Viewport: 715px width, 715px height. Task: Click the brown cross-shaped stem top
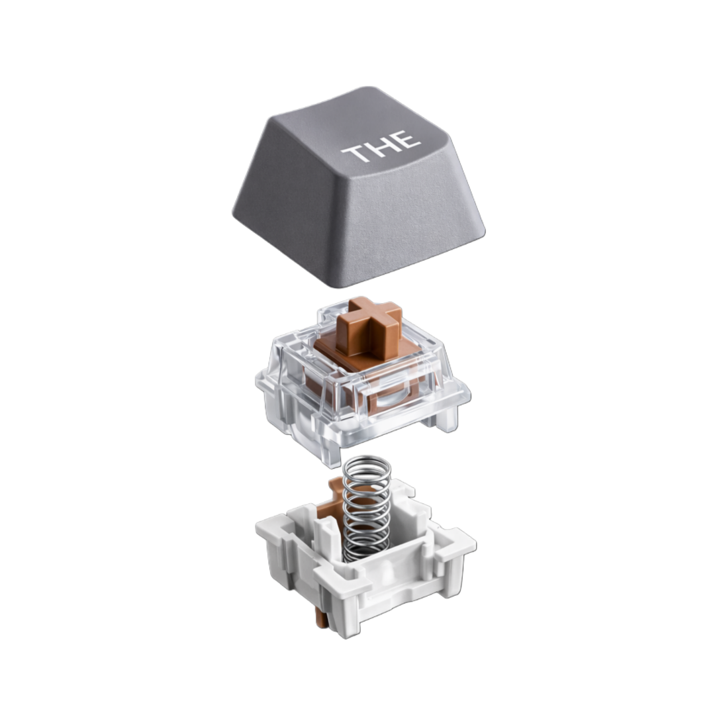[x=369, y=324]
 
